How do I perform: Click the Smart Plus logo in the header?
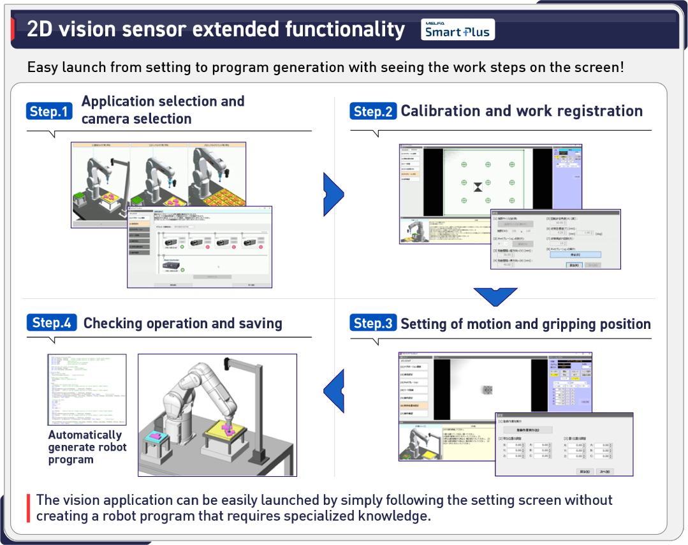click(457, 29)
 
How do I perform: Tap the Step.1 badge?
click(49, 112)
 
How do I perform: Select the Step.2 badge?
click(373, 112)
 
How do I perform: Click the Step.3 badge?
click(373, 323)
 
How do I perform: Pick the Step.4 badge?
click(52, 323)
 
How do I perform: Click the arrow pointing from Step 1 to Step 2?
click(333, 193)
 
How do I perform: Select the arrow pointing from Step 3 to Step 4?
click(334, 389)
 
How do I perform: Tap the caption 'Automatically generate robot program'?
click(87, 447)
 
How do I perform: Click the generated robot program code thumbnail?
click(87, 389)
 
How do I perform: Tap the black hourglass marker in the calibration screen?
click(478, 187)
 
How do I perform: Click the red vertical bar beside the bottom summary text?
click(28, 508)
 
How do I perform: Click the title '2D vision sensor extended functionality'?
click(216, 29)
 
